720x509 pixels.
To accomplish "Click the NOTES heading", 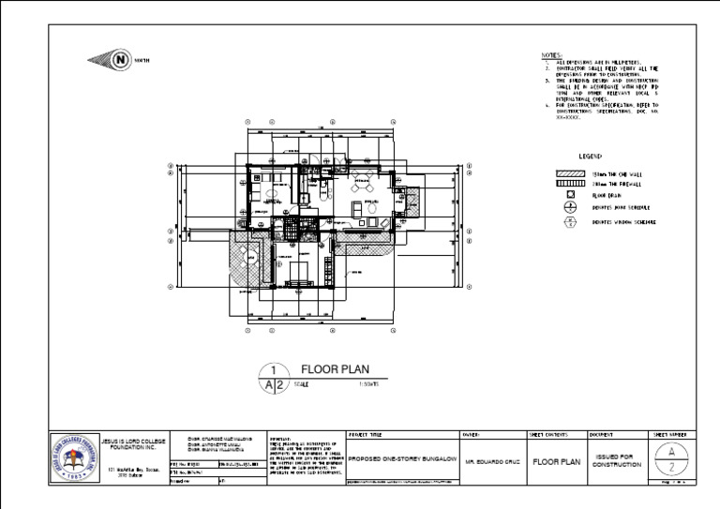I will pyautogui.click(x=551, y=55).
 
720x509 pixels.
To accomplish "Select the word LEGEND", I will pyautogui.click(x=590, y=157).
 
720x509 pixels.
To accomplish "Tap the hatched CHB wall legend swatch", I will pyautogui.click(x=570, y=174).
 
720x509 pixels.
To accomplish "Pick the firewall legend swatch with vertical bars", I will pyautogui.click(x=570, y=186).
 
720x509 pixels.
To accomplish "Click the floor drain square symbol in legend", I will pyautogui.click(x=569, y=197).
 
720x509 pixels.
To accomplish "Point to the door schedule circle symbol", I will pyautogui.click(x=569, y=208).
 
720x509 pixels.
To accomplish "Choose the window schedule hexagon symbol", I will pyautogui.click(x=569, y=222).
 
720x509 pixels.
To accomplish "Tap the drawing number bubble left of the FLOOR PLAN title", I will pyautogui.click(x=271, y=377).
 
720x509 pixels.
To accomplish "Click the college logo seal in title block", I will pyautogui.click(x=72, y=457).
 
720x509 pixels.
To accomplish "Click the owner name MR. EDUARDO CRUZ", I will pyautogui.click(x=493, y=462).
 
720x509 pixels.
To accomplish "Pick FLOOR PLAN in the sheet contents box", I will pyautogui.click(x=556, y=462).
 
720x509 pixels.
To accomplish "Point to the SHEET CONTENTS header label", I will pyautogui.click(x=549, y=435).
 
